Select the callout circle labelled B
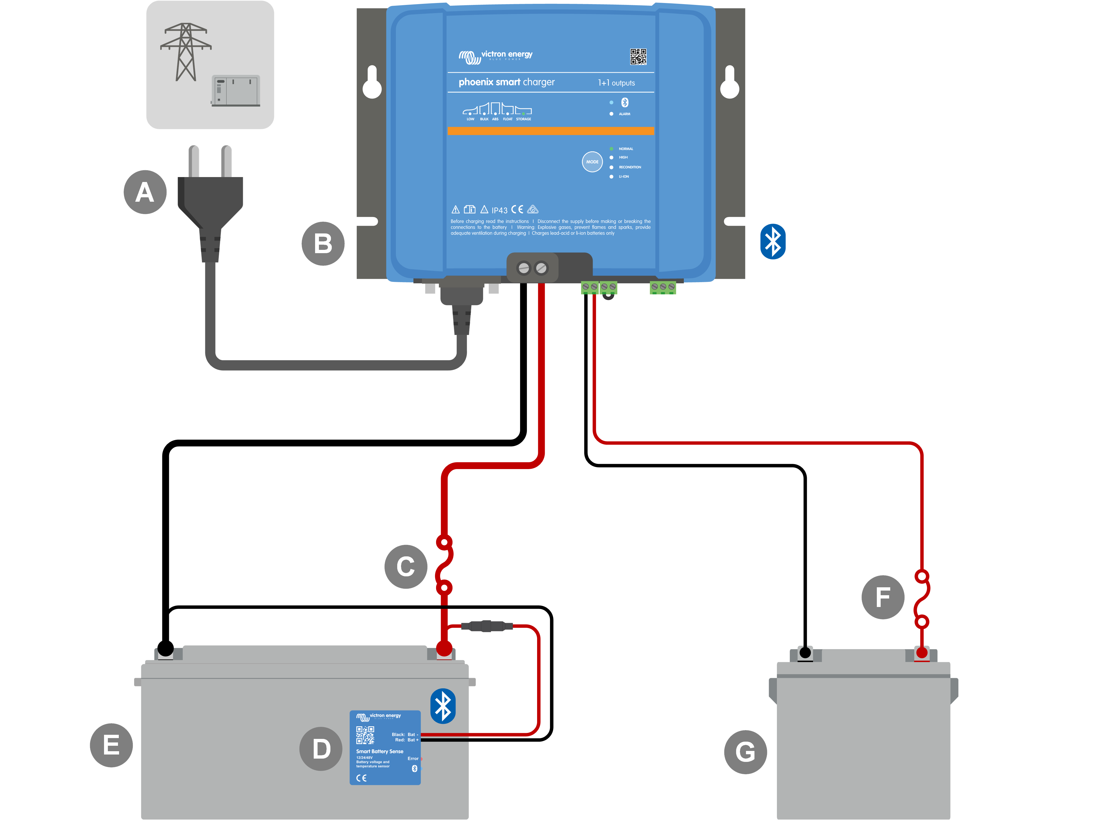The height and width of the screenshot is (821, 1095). [x=323, y=244]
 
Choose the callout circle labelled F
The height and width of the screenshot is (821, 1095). [x=883, y=597]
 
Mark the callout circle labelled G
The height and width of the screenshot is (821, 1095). [x=745, y=752]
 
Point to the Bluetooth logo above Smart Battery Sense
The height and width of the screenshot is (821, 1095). [x=443, y=706]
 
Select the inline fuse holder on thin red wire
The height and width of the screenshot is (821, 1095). [x=486, y=626]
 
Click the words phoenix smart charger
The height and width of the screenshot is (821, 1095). [x=506, y=82]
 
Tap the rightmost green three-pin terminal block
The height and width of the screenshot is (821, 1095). [x=662, y=287]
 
